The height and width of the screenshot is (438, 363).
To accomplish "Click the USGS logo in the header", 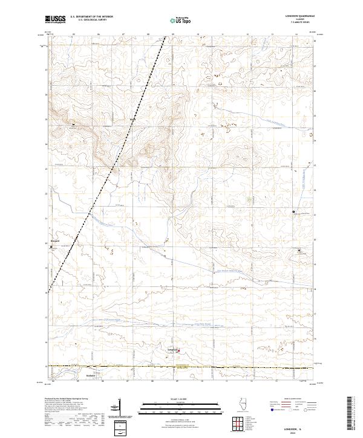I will pyautogui.click(x=56, y=20).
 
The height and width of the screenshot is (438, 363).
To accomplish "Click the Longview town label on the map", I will pyautogui.click(x=171, y=349).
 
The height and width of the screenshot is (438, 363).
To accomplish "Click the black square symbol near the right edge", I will pyautogui.click(x=294, y=212).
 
